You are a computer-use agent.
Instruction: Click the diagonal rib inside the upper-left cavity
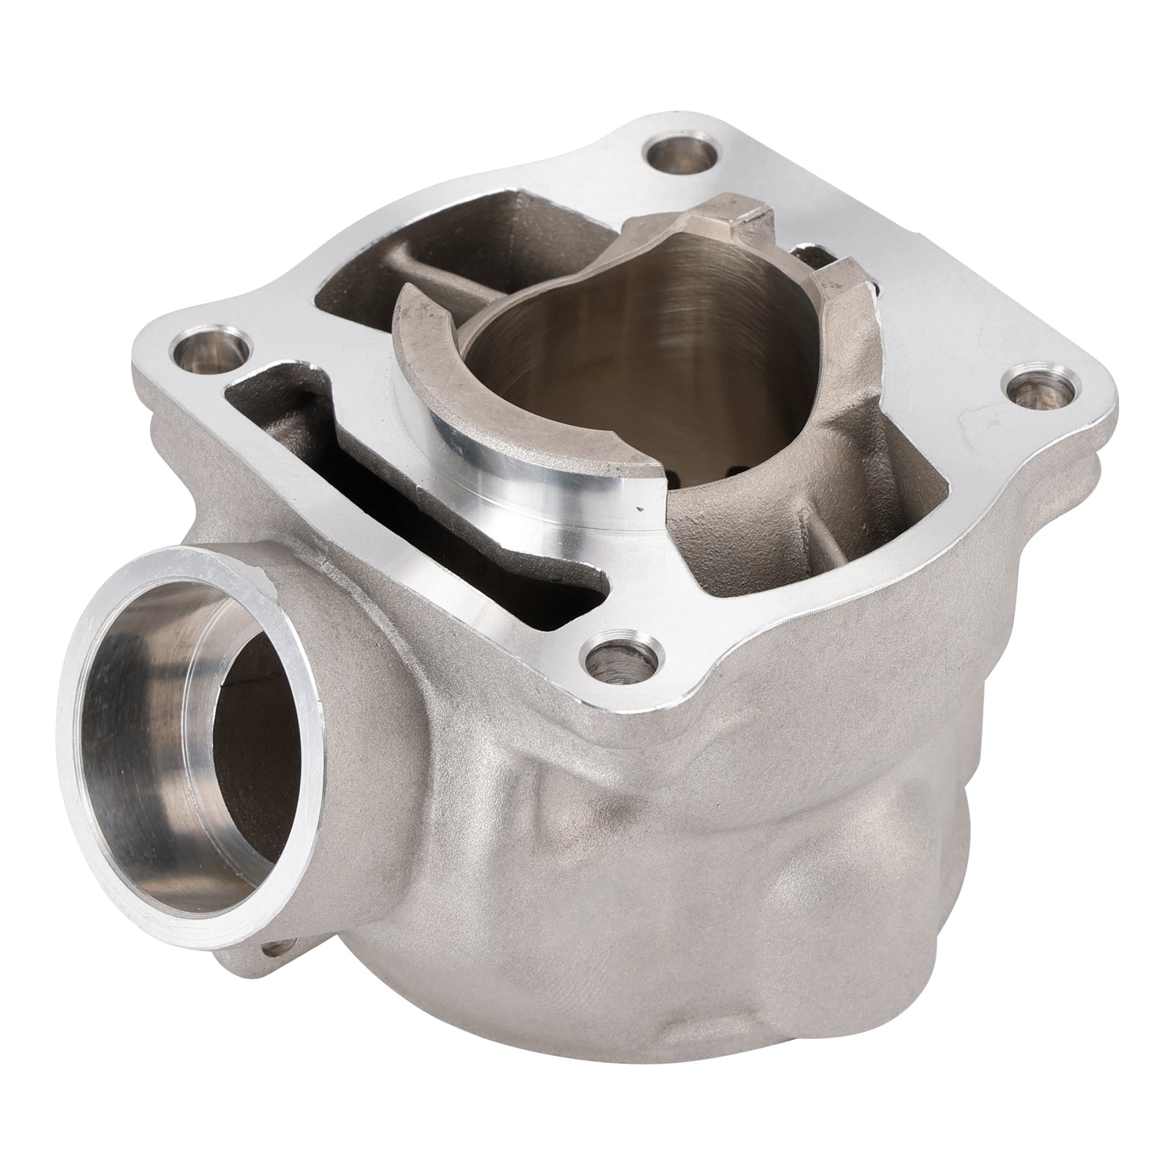tap(411, 242)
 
